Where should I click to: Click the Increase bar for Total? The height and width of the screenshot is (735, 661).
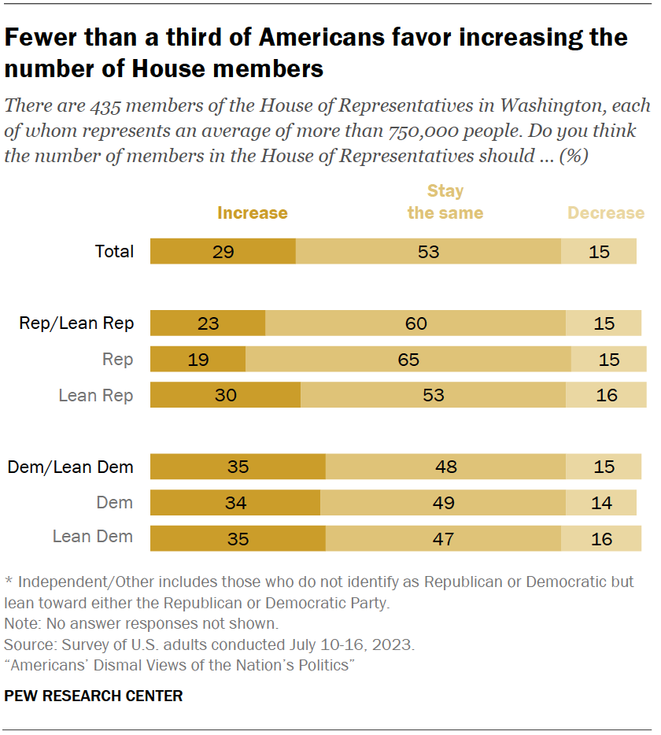tap(223, 252)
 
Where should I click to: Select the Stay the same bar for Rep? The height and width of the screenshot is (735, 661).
tap(408, 360)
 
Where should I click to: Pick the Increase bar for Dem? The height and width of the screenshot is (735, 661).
tap(234, 502)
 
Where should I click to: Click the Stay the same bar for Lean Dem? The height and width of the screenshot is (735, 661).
tap(442, 538)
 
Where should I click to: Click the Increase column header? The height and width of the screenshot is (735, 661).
tap(252, 213)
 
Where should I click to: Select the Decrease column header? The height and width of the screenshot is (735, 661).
tap(606, 213)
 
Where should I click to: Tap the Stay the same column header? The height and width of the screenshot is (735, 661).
tap(445, 202)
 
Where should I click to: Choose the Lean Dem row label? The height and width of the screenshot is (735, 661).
tap(92, 537)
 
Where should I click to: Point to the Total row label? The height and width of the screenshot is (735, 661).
tap(114, 252)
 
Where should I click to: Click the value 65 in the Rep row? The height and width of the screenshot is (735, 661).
tap(408, 360)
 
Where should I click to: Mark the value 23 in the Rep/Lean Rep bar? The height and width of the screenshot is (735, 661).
tap(208, 323)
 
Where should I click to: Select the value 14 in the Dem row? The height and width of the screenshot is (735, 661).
tap(601, 502)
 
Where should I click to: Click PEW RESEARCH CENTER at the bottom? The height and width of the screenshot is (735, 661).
tap(93, 696)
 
